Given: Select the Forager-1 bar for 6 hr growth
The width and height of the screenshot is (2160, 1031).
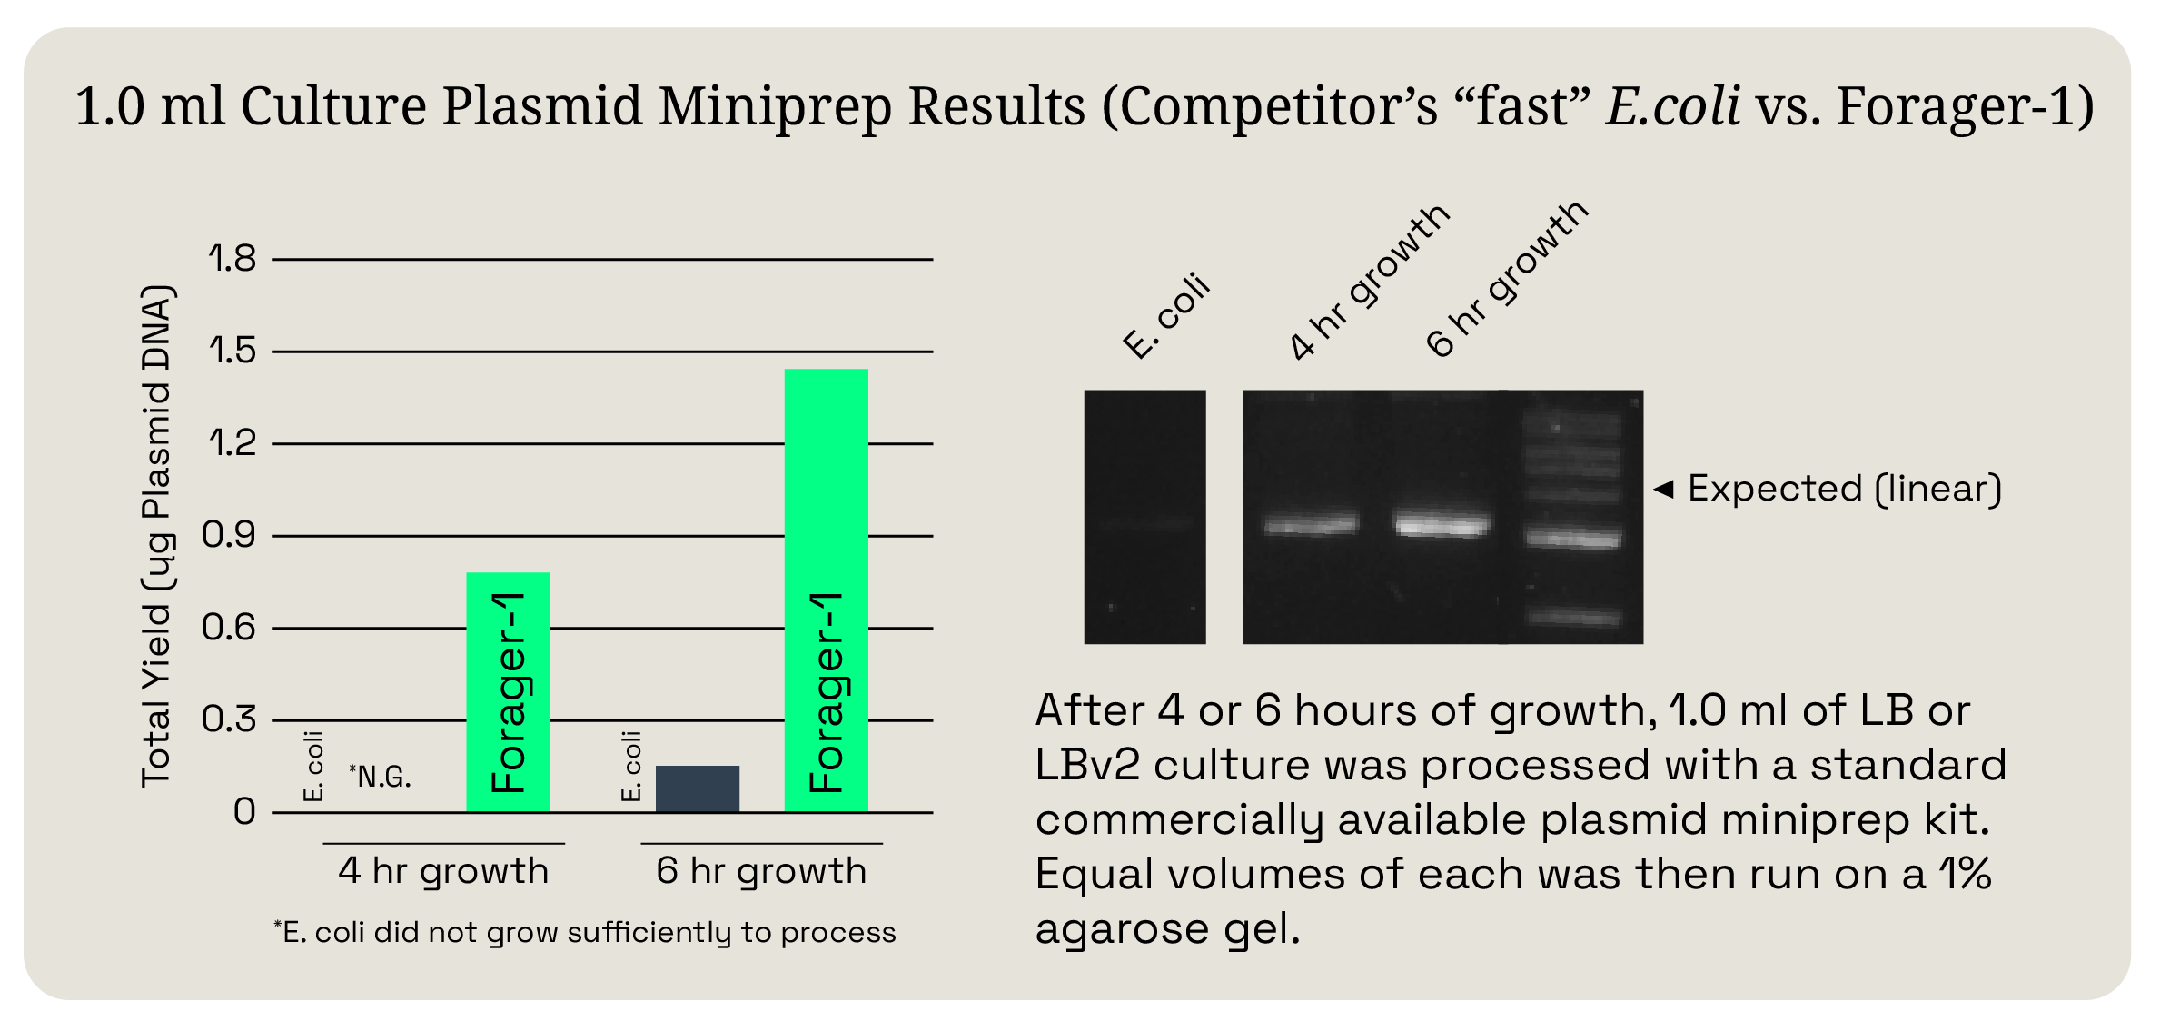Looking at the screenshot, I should click(x=826, y=590).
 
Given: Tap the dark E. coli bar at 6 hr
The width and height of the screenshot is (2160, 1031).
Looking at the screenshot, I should click(x=697, y=788).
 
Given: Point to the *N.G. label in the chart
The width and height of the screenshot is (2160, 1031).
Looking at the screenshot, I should click(x=380, y=777).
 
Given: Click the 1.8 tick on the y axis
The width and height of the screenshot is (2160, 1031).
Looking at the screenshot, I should click(x=233, y=259).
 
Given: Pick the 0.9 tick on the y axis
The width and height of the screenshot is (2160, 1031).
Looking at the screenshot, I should click(x=229, y=535).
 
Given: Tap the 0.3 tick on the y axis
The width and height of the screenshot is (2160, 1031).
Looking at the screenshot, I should click(x=229, y=719).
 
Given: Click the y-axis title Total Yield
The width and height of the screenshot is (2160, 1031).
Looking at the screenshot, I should click(x=156, y=536).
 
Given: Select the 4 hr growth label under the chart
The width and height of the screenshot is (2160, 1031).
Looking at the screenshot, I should click(x=443, y=871).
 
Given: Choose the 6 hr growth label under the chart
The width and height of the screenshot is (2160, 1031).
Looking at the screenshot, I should click(x=761, y=871).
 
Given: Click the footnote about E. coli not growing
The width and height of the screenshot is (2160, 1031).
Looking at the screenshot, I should click(x=585, y=933).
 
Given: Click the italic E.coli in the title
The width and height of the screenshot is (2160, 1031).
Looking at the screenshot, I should click(x=1672, y=106).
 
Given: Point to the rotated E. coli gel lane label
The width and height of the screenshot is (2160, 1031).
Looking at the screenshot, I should click(x=1166, y=316).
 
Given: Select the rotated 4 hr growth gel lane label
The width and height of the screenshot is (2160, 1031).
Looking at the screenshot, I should click(x=1369, y=282).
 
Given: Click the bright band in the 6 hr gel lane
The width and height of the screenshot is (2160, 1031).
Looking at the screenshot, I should click(x=1442, y=525).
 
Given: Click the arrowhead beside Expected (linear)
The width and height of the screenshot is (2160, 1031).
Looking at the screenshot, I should click(x=1663, y=490).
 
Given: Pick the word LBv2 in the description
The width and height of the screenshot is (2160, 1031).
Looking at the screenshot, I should click(x=1086, y=766).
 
